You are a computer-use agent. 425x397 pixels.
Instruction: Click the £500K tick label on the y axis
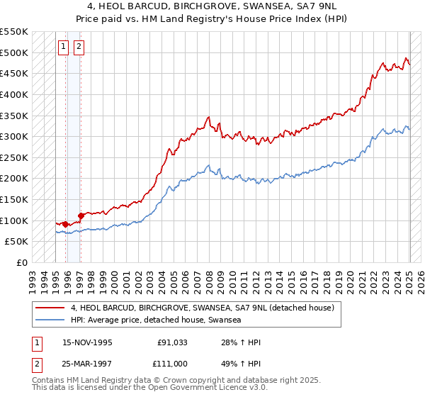point(13,52)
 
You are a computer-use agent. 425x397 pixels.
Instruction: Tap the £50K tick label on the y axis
point(16,242)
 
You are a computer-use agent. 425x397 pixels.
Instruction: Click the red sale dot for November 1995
point(66,225)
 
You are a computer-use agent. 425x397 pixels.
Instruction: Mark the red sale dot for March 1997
point(81,216)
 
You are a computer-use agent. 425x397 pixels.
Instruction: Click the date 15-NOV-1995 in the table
point(87,343)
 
